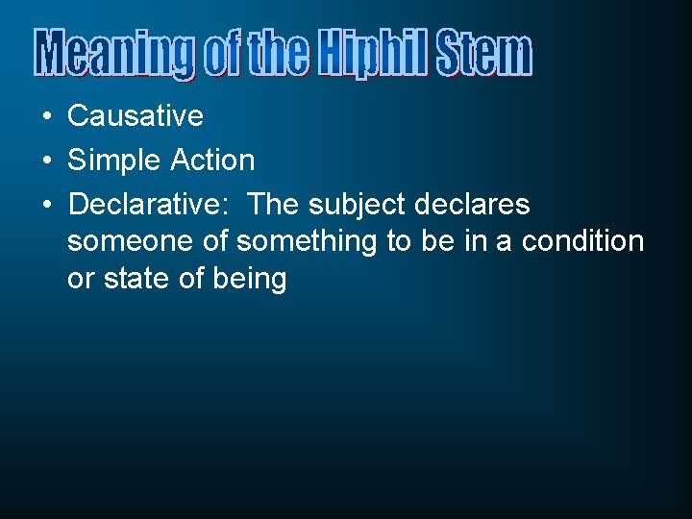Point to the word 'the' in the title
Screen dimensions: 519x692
(x=280, y=55)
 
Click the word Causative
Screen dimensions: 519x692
(x=136, y=116)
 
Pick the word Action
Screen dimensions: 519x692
(x=212, y=161)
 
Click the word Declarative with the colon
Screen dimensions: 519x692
(x=153, y=205)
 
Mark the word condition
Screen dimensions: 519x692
(x=582, y=241)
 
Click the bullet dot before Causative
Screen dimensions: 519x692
(x=46, y=117)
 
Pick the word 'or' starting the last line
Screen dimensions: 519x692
(x=80, y=280)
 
